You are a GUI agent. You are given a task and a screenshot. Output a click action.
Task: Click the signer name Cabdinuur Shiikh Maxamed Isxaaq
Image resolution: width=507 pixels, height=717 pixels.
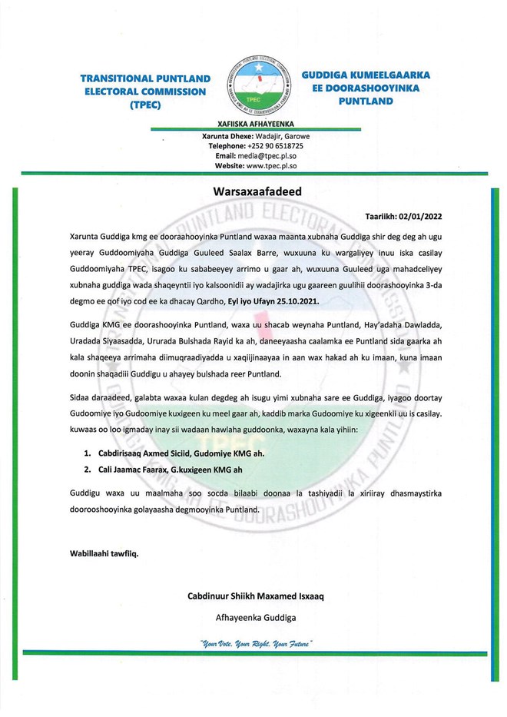click(x=260, y=596)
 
